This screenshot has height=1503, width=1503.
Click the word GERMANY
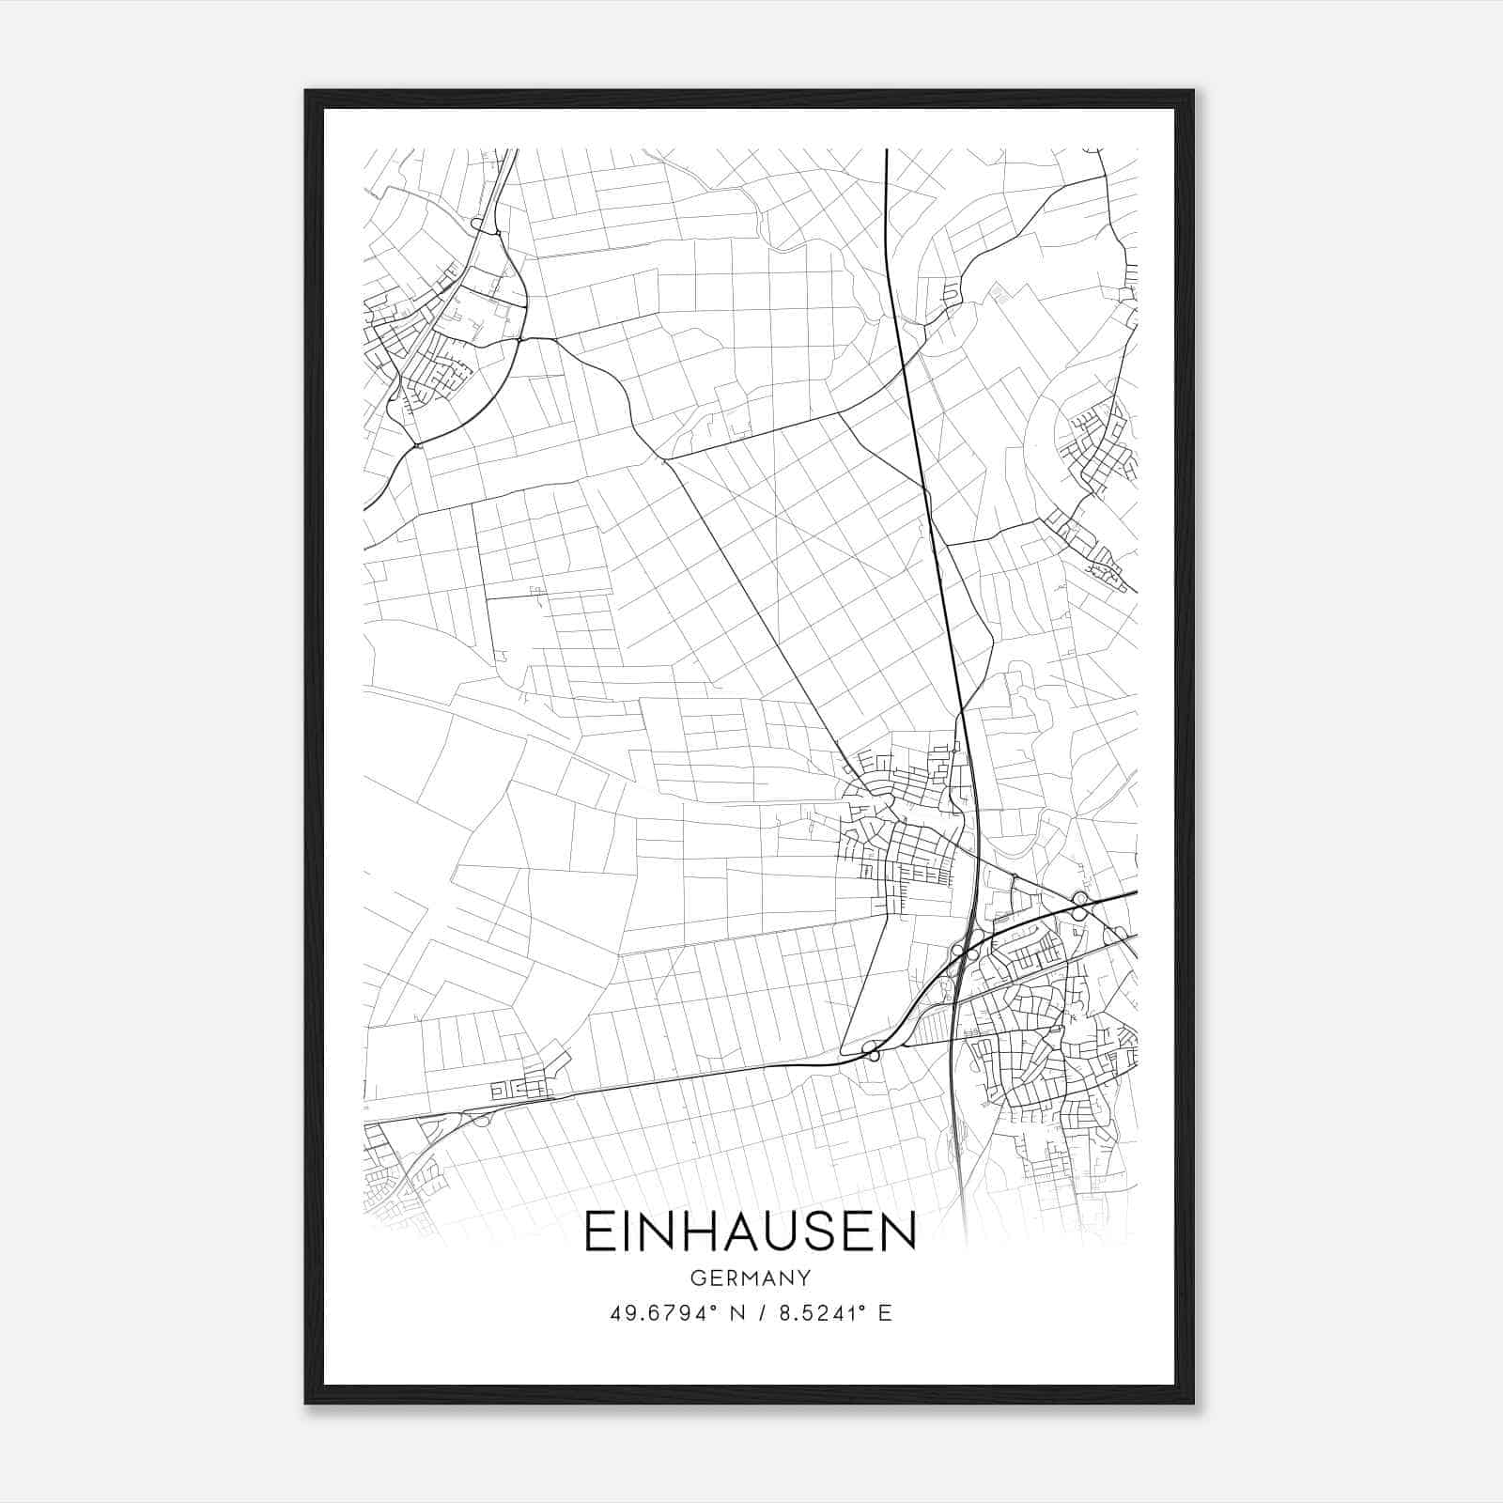(x=750, y=1278)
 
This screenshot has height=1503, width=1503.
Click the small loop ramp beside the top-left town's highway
(x=480, y=225)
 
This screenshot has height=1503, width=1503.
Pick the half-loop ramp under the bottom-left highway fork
(x=482, y=1119)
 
